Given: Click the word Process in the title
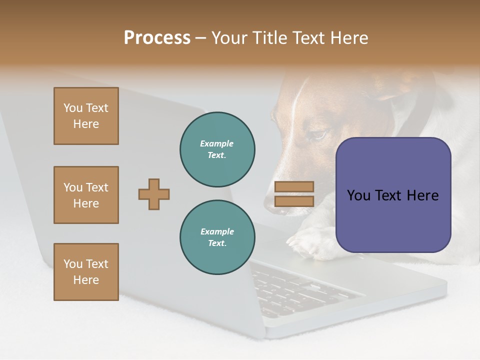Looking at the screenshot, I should [157, 38].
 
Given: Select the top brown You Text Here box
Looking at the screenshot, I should [86, 116].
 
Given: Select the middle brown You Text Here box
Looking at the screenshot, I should [86, 195].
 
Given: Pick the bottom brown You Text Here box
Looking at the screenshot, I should [86, 272].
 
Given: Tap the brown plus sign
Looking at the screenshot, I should [154, 194].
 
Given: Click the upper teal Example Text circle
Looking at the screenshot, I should [217, 149].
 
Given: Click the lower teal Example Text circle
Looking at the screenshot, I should [217, 237].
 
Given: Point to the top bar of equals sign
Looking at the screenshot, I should [294, 186].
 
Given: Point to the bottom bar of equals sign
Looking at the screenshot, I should [294, 201].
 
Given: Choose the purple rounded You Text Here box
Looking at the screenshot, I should [393, 195].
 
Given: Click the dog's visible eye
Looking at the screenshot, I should [318, 135].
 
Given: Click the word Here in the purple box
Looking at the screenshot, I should [422, 195].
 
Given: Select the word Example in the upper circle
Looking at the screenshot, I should [217, 143].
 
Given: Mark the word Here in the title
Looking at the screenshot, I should [348, 38].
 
